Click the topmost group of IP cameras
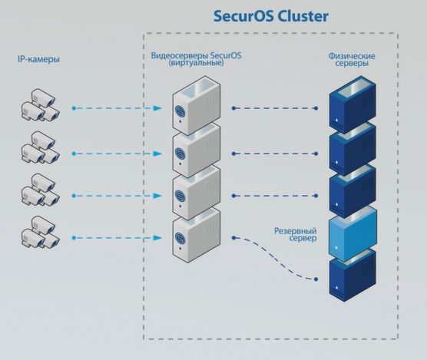(x=38, y=108)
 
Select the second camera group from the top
(x=38, y=150)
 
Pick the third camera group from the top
(x=38, y=192)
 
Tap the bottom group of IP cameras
(x=38, y=235)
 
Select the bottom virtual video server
(x=197, y=234)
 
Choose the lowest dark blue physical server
(x=353, y=279)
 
